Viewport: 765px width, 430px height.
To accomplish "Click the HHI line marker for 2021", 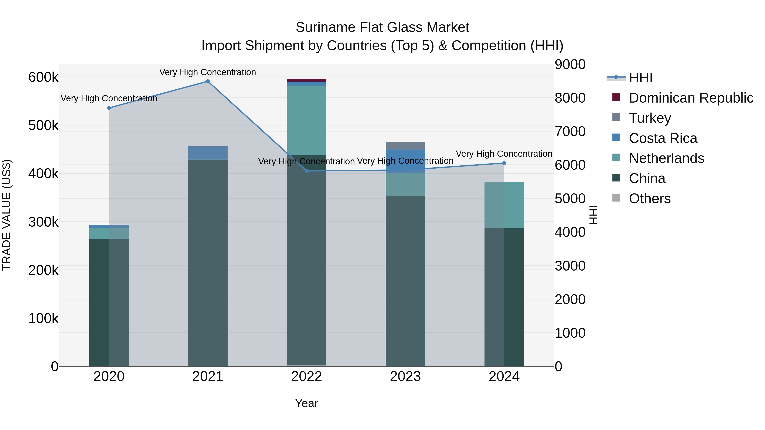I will (208, 81).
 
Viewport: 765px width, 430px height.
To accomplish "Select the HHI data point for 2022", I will (307, 171).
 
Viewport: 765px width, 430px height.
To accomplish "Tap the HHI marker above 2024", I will (504, 163).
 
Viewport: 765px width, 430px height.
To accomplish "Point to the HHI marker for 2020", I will (109, 108).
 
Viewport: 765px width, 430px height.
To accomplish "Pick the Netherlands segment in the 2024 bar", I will (504, 205).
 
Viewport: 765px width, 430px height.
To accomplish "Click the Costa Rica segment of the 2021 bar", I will (208, 153).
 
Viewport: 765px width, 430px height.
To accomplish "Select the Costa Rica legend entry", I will (663, 138).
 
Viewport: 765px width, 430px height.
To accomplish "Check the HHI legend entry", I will (640, 78).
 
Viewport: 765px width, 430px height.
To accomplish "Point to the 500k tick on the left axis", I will (43, 125).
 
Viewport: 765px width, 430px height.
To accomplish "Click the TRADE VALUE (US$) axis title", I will (7, 215).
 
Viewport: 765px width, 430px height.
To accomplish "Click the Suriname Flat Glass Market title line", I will (382, 27).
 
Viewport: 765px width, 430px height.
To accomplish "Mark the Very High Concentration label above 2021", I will (208, 72).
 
